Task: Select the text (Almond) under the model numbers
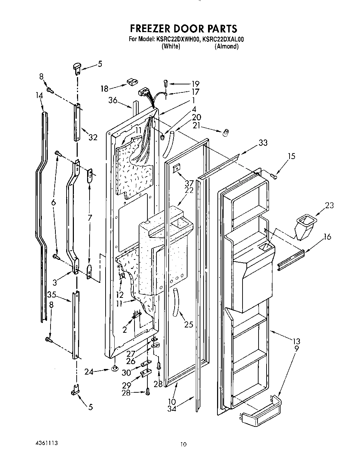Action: click(x=226, y=46)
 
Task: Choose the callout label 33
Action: click(x=263, y=142)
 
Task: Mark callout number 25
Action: click(x=188, y=325)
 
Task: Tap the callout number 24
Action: click(x=89, y=371)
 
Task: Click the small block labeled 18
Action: click(x=132, y=82)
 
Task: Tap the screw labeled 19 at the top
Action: click(x=166, y=83)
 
